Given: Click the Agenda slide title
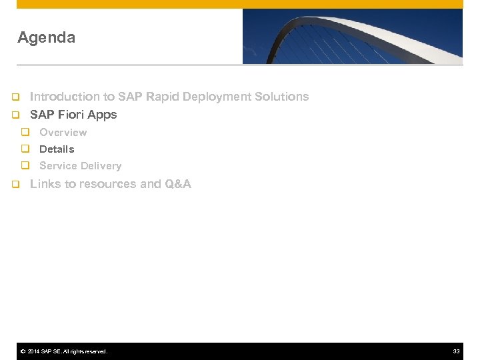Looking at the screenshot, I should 46,38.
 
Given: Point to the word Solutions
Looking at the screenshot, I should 281,97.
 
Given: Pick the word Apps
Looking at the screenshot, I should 102,115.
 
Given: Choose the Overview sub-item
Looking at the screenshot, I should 63,133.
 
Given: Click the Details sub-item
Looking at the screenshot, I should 57,149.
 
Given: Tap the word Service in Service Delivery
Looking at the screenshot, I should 57,166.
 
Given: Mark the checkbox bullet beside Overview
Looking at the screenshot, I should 25,132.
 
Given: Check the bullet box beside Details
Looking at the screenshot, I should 25,149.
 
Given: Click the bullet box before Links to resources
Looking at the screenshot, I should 15,184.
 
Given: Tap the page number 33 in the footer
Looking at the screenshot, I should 457,351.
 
